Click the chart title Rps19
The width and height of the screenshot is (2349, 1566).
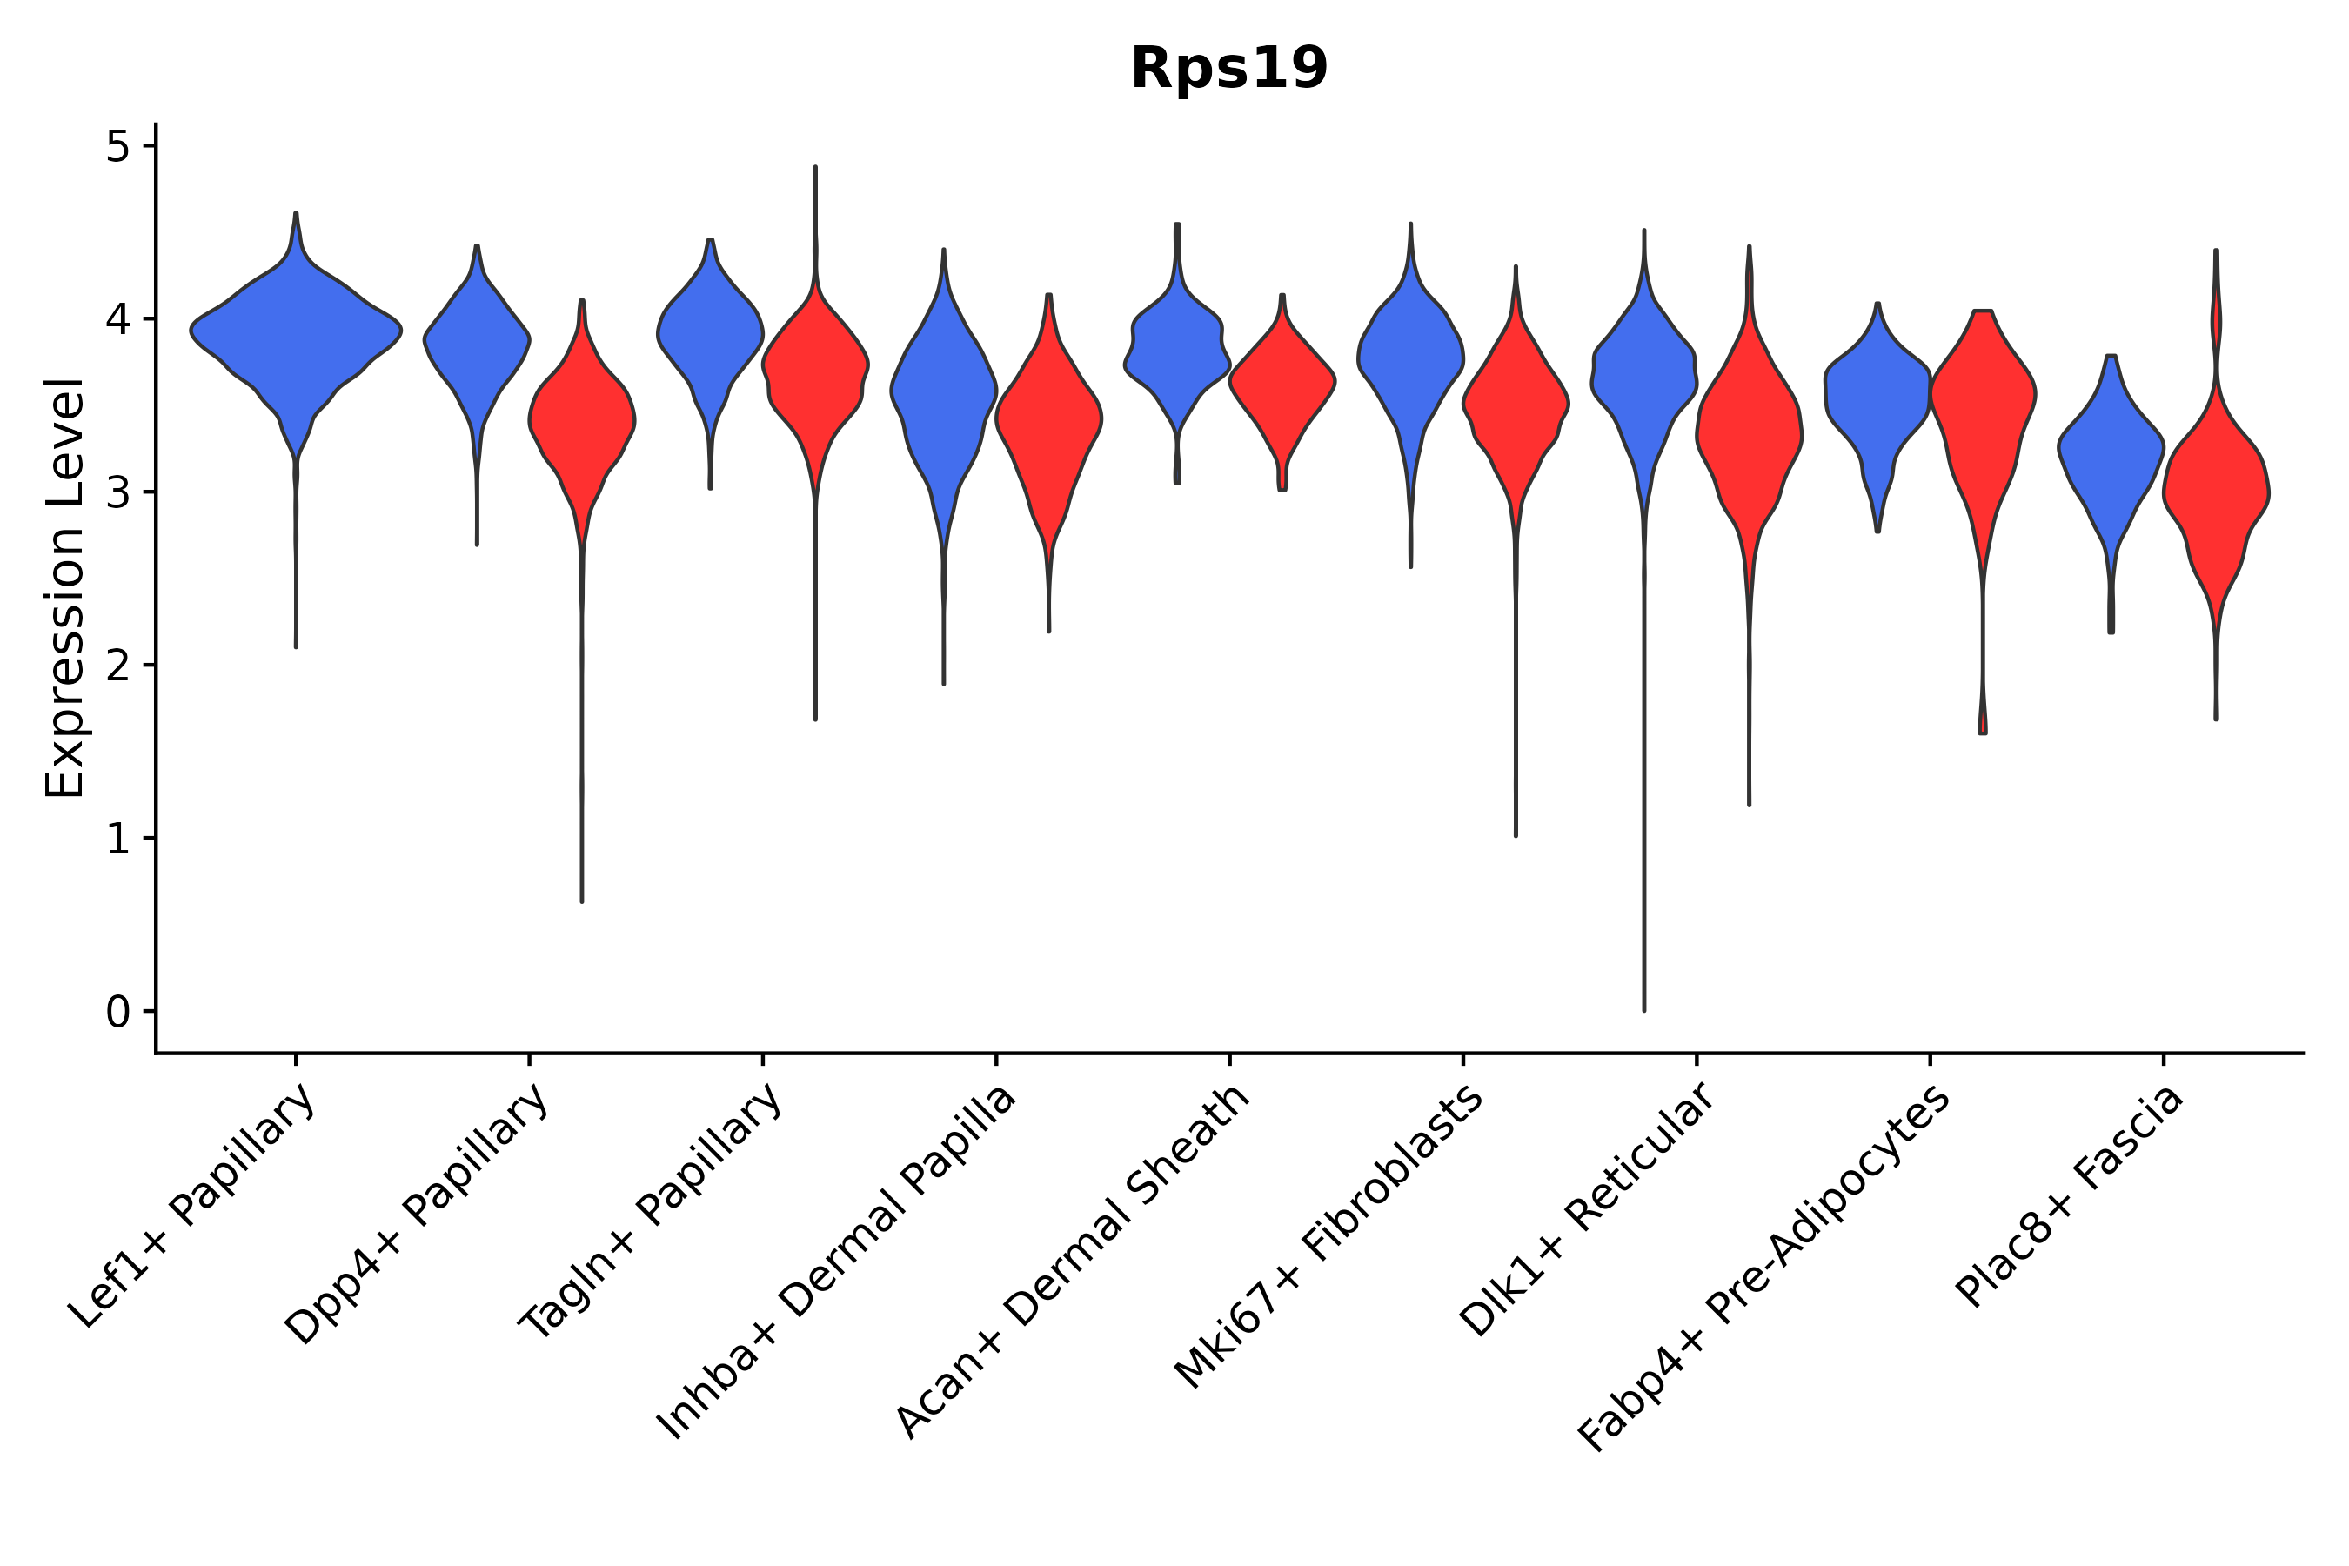tap(1228, 69)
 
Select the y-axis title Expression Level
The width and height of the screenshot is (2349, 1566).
tap(65, 587)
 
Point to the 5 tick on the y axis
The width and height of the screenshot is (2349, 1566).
tap(117, 147)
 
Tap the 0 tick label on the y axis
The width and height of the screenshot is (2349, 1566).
tap(117, 1012)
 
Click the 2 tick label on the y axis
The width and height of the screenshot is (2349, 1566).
tap(117, 666)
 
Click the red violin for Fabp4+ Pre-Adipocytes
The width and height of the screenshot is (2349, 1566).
tap(1984, 399)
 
